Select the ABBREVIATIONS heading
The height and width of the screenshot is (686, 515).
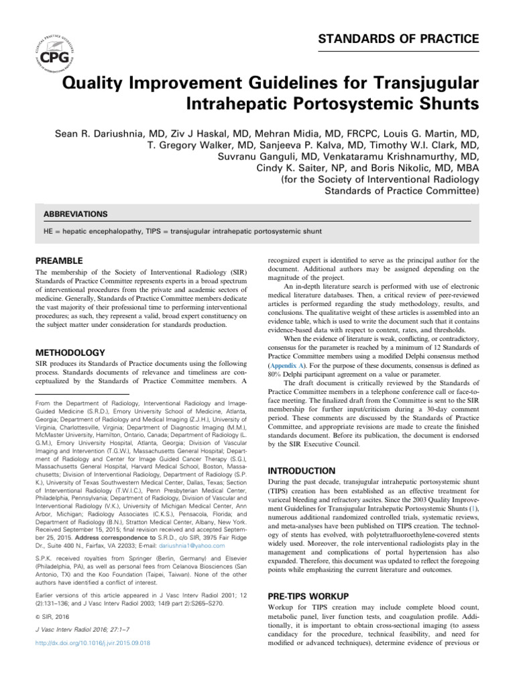75,214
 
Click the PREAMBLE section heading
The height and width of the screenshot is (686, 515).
59,260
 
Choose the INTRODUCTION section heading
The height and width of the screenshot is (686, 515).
302,471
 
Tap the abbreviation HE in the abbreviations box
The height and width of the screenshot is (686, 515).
48,231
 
